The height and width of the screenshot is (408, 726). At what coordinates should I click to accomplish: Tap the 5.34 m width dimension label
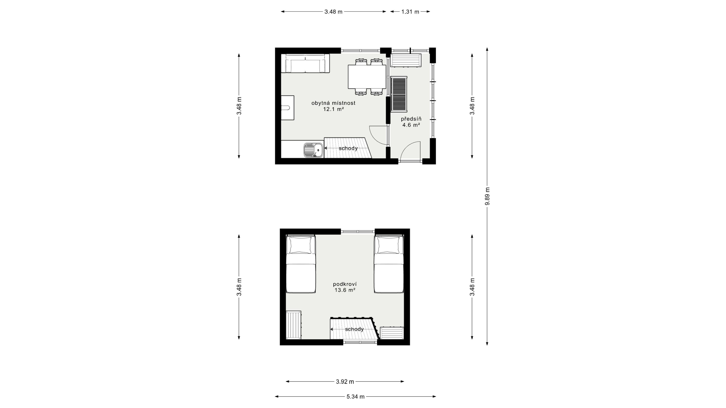pos(355,397)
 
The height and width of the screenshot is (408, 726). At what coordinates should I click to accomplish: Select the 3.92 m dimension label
pos(345,382)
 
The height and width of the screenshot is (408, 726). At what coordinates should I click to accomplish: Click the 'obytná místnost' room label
pos(333,103)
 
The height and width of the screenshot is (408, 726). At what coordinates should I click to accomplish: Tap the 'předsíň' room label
pos(411,119)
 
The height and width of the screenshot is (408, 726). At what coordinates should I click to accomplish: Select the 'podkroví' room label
pos(345,284)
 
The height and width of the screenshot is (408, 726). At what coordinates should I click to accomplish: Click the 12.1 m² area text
pos(333,109)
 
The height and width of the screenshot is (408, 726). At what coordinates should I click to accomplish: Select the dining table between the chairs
pos(367,77)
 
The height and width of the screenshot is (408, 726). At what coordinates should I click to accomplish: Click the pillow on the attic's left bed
pos(301,245)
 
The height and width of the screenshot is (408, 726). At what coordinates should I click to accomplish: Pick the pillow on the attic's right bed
pos(389,245)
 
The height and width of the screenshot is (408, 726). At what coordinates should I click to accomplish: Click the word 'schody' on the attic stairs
pos(354,329)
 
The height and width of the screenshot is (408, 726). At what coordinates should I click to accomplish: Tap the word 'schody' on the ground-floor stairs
pos(348,148)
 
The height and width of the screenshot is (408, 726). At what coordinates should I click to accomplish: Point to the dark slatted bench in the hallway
pos(399,94)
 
